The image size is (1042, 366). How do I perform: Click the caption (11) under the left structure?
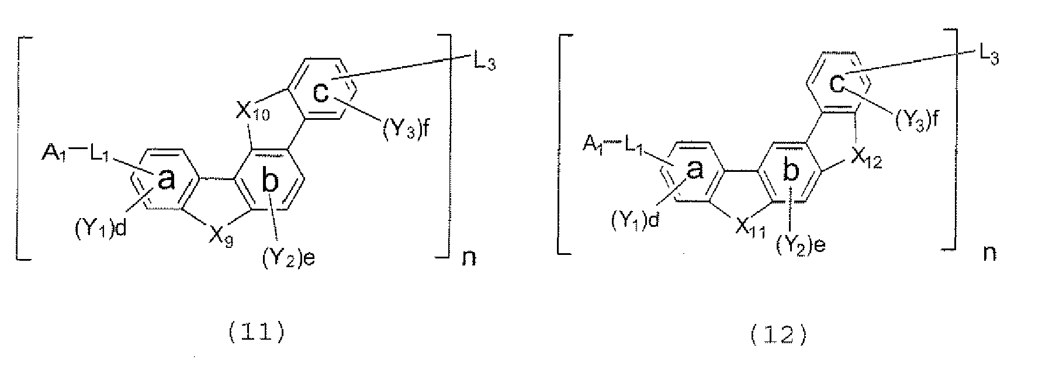(257, 334)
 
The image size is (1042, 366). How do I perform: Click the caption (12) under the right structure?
(780, 334)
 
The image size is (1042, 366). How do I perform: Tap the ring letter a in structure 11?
(167, 181)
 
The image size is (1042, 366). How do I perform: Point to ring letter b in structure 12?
(790, 171)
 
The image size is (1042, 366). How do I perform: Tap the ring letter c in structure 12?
(839, 85)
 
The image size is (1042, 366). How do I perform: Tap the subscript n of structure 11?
(469, 257)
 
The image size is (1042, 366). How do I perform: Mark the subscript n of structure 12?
(989, 253)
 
